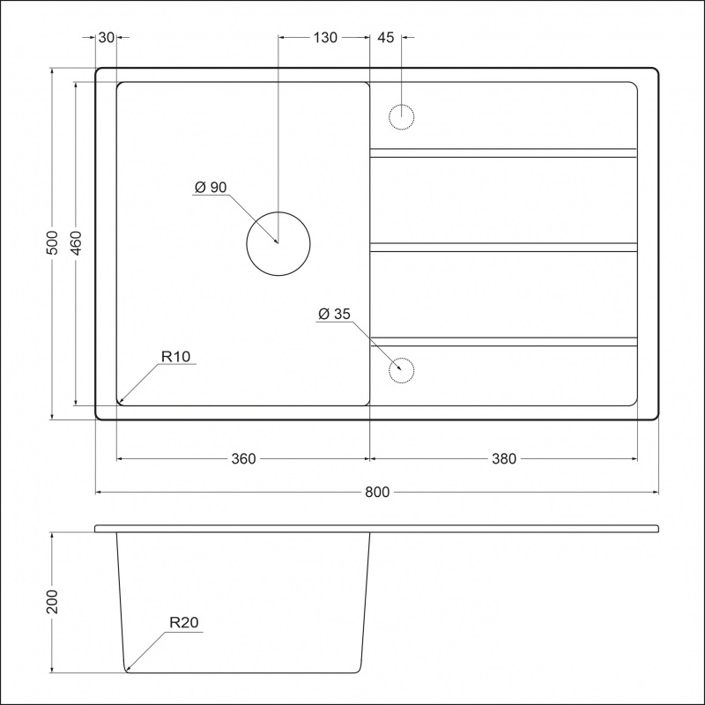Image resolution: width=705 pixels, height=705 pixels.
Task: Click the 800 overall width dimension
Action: click(377, 492)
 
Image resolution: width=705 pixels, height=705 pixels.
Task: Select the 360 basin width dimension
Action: click(243, 459)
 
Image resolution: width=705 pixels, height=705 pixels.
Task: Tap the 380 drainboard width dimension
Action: click(504, 459)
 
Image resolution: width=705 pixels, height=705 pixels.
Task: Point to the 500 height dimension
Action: click(52, 243)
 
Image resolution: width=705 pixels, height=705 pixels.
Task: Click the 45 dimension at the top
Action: click(385, 37)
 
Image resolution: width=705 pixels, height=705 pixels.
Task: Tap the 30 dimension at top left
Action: click(106, 37)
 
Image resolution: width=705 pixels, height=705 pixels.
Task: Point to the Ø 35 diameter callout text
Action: click(334, 314)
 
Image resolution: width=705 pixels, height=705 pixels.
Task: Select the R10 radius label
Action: click(175, 358)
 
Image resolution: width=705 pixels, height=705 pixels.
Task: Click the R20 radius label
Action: click(184, 622)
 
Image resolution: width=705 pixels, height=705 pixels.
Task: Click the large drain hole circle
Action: click(278, 243)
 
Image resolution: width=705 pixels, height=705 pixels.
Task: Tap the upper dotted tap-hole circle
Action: click(401, 116)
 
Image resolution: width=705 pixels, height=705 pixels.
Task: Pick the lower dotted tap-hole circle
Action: click(401, 371)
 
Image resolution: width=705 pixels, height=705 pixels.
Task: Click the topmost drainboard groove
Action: click(502, 152)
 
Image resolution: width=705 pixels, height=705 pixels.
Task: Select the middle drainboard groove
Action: click(502, 248)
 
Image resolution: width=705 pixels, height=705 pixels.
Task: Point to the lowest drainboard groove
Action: click(502, 341)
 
